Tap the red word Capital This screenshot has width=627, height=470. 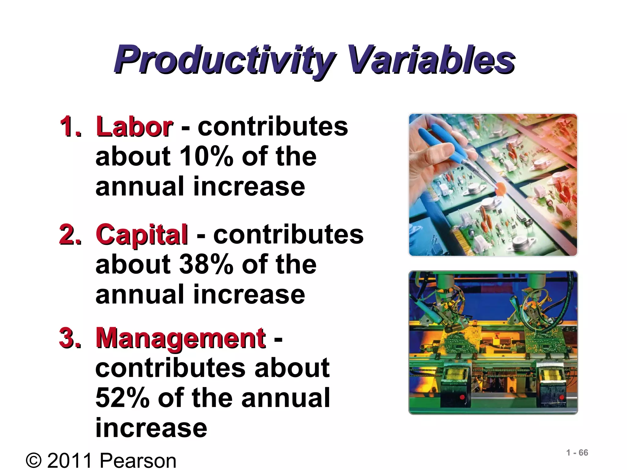point(142,234)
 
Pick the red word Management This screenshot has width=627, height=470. point(181,338)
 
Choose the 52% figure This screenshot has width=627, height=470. point(122,398)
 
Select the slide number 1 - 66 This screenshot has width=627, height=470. point(577,453)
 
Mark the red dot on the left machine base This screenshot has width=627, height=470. point(462,397)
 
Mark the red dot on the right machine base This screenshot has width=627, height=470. point(561,397)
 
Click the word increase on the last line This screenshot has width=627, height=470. point(151,428)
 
